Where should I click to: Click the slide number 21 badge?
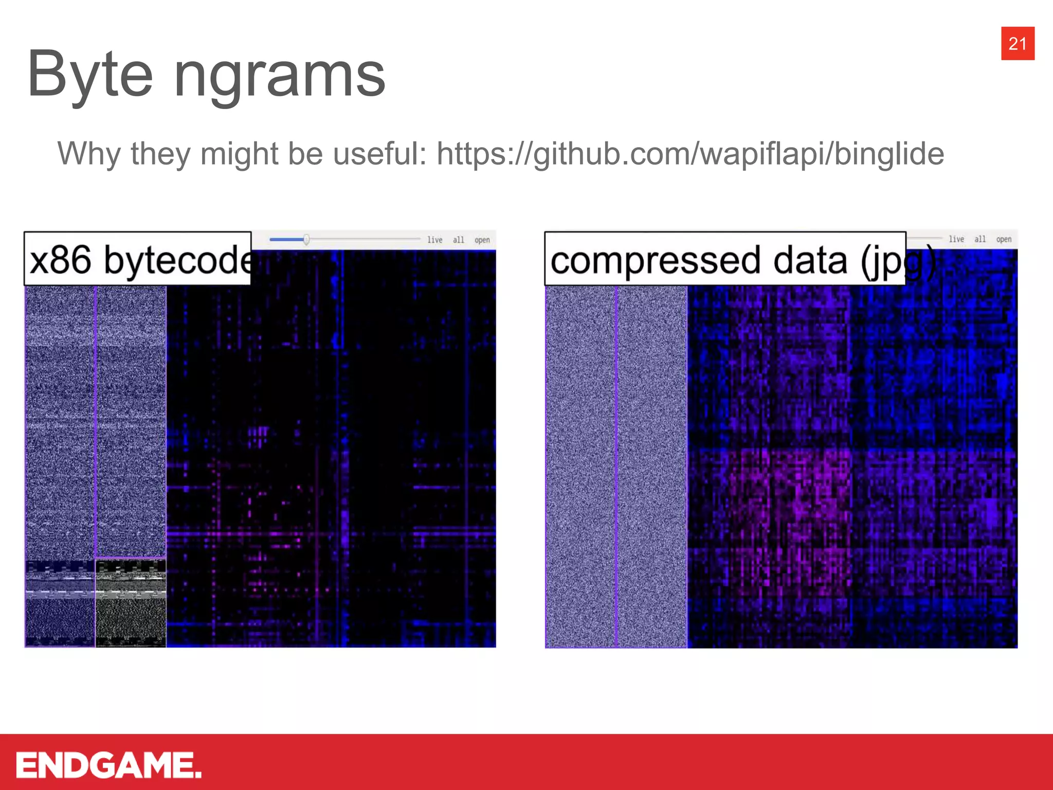coord(1017,44)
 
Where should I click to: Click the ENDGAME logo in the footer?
coord(108,765)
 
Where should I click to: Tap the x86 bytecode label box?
coord(137,259)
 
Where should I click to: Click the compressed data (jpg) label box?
coord(724,259)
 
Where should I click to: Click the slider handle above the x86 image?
coord(306,239)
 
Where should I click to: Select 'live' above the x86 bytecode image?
coord(434,240)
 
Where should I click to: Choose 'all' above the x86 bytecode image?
coord(458,240)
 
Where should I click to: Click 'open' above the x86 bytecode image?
coord(482,240)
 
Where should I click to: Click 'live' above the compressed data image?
coord(956,239)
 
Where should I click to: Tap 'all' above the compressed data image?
coord(980,239)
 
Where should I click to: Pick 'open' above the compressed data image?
coord(1004,239)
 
